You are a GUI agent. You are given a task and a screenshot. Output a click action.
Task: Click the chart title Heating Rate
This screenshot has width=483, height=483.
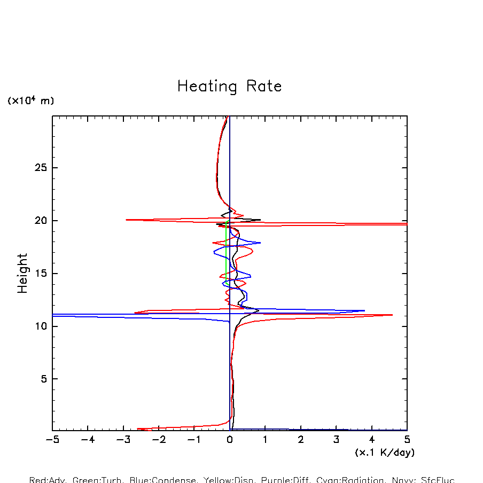(229, 87)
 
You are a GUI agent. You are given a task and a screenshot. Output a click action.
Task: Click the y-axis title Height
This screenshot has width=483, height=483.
(22, 281)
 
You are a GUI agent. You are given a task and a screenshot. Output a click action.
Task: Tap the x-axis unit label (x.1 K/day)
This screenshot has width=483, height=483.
(385, 453)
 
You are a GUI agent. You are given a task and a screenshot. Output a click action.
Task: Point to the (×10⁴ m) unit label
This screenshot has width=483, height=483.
(30, 100)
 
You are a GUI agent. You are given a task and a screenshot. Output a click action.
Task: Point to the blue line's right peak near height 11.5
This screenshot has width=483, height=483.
(364, 310)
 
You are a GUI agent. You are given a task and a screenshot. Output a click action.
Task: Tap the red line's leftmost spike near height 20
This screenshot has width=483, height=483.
(126, 220)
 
